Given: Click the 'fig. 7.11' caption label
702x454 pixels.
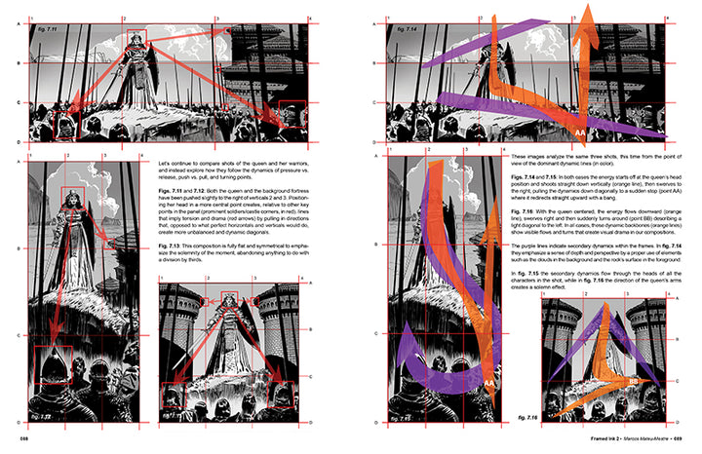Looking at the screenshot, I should pyautogui.click(x=44, y=32).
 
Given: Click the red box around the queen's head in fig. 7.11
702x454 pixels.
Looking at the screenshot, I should pyautogui.click(x=135, y=40).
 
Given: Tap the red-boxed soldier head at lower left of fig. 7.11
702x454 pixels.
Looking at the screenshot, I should pyautogui.click(x=65, y=125).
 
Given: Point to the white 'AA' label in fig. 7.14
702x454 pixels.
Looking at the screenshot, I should pyautogui.click(x=578, y=130).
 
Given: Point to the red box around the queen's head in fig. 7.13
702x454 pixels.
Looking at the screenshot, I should pyautogui.click(x=230, y=303).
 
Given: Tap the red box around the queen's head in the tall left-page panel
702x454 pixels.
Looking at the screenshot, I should pyautogui.click(x=68, y=200).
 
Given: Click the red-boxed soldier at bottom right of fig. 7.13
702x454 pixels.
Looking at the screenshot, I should pyautogui.click(x=290, y=395).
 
